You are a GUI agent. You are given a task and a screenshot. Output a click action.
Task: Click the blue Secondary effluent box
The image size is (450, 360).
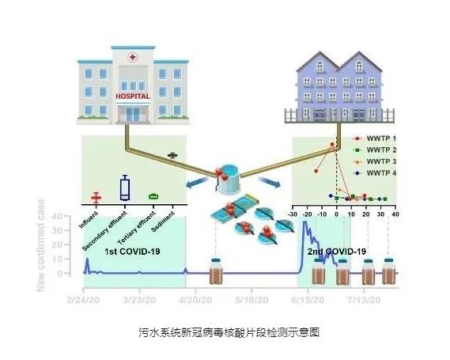[x=124, y=188]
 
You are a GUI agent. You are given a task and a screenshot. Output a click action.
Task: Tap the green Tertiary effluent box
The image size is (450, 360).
[x=153, y=195]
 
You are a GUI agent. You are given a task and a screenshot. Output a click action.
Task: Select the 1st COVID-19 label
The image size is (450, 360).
[x=134, y=251]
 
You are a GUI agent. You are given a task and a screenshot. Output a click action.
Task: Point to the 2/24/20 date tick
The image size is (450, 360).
[x=82, y=301]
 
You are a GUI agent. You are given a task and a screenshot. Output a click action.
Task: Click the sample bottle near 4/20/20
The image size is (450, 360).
[x=216, y=272]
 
